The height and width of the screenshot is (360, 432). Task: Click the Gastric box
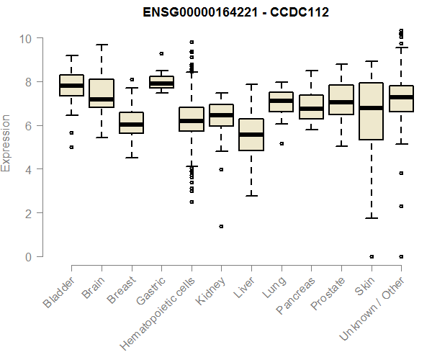161,82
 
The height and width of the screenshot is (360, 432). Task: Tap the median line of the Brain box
102,99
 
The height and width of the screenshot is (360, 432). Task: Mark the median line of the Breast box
131,124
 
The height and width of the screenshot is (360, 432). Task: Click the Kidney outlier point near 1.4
221,226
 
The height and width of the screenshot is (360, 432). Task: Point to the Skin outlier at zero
371,256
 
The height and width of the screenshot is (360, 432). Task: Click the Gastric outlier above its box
161,53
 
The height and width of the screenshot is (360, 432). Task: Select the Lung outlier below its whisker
281,143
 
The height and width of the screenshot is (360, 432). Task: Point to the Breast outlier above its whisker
131,79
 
